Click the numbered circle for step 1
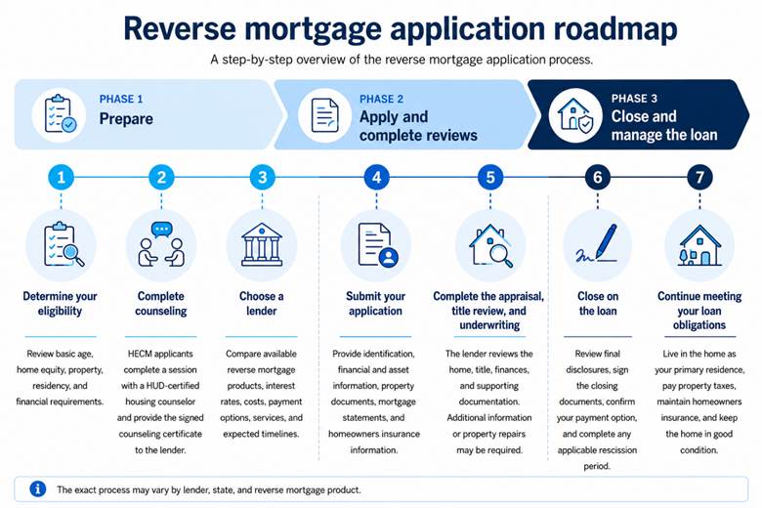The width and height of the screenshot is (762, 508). (61, 177)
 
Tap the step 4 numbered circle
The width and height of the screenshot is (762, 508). (376, 177)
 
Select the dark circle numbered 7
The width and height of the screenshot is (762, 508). (699, 177)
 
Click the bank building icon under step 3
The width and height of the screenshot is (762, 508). (262, 244)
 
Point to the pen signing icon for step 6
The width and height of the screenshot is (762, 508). (597, 244)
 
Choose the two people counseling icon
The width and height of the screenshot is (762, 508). (161, 244)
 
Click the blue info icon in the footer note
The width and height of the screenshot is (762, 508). (38, 489)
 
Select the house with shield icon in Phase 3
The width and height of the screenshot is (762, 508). (575, 115)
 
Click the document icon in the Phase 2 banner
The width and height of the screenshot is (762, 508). (324, 115)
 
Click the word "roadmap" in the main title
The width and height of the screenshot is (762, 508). (615, 28)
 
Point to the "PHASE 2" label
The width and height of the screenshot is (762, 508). (381, 100)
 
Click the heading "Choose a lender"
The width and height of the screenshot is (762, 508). (262, 304)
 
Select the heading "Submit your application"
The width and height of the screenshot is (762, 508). (375, 304)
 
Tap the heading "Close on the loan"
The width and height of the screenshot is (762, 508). (598, 304)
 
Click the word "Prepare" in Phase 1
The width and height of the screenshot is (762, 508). (126, 118)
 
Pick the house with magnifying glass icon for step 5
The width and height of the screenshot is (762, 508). (490, 245)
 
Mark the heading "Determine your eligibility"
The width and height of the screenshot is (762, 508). (60, 304)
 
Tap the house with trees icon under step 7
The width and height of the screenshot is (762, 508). (699, 245)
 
